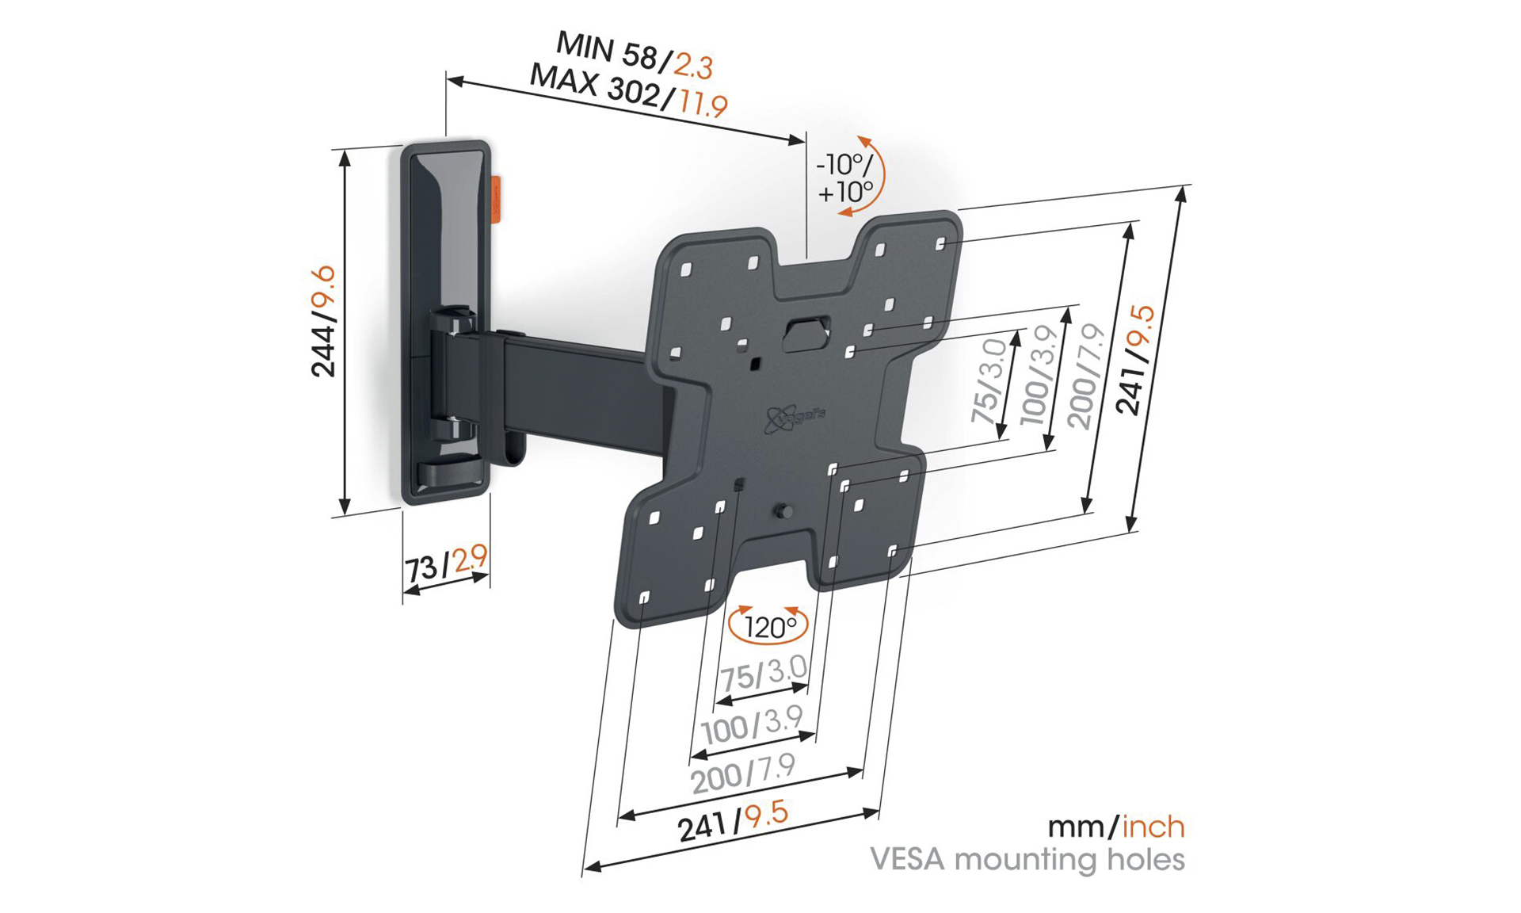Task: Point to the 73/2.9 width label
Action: pyautogui.click(x=446, y=564)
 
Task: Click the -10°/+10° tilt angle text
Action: pyautogui.click(x=844, y=178)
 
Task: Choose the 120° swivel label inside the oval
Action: pyautogui.click(x=768, y=627)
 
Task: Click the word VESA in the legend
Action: pyautogui.click(x=907, y=859)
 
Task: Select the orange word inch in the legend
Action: pyautogui.click(x=1153, y=827)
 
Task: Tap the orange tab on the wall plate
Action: pyautogui.click(x=494, y=199)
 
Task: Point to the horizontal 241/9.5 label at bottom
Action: pyautogui.click(x=733, y=821)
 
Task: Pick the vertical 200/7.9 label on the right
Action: pyautogui.click(x=1086, y=376)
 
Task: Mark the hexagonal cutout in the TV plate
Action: pyautogui.click(x=806, y=333)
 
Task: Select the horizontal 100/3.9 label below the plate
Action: pyautogui.click(x=752, y=724)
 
